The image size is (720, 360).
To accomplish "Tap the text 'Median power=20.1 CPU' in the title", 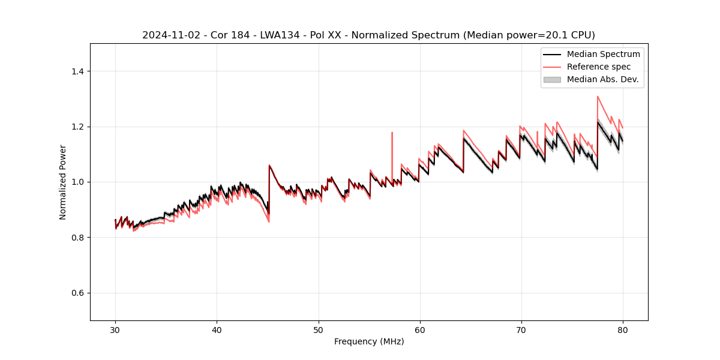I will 527,35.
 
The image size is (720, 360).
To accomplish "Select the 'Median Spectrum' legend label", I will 603,54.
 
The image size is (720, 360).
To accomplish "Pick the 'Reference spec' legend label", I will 599,67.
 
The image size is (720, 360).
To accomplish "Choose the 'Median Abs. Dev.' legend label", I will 602,79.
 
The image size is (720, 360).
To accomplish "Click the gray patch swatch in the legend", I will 552,79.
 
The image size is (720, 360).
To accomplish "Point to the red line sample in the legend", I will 552,67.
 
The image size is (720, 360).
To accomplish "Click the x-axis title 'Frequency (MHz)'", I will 369,341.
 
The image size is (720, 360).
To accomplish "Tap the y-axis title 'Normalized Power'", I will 63,182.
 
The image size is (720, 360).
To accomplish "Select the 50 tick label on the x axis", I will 319,329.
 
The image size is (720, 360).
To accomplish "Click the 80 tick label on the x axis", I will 623,329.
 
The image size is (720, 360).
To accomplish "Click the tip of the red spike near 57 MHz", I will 392,133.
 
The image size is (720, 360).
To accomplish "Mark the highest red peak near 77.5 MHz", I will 598,96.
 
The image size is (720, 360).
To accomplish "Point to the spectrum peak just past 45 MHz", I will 269,165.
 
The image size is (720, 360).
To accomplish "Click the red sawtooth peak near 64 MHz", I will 463,130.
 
